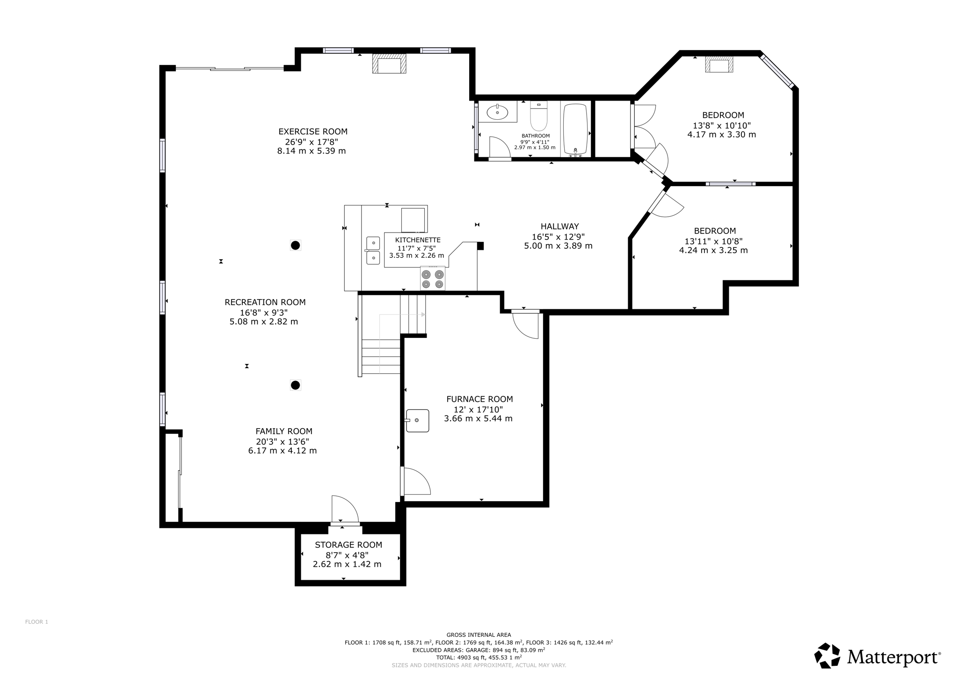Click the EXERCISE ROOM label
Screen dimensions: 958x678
coord(313,131)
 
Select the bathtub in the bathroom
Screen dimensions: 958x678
coord(575,129)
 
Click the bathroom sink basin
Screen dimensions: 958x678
coord(497,112)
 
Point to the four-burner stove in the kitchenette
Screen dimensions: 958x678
coord(433,279)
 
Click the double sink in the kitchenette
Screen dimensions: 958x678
coord(373,250)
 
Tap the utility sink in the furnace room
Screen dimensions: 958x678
coord(417,421)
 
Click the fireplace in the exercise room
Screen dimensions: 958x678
coord(389,64)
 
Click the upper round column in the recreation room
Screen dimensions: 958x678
coord(295,245)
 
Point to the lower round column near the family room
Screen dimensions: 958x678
coord(295,385)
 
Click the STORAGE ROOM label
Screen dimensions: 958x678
coord(348,545)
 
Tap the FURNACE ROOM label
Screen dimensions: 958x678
coord(479,399)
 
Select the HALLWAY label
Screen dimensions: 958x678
coord(560,226)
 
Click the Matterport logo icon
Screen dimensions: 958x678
coord(827,656)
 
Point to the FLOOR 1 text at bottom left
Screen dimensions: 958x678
coord(36,622)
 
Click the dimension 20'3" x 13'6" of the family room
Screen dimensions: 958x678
coord(283,441)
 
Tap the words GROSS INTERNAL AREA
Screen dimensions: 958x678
coord(479,635)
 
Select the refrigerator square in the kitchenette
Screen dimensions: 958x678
coord(414,220)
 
